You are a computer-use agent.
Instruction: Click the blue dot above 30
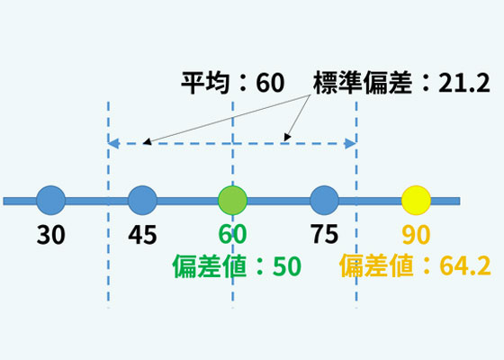coord(50,200)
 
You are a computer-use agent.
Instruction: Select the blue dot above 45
coord(142,200)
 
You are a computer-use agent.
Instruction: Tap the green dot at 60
coord(233,200)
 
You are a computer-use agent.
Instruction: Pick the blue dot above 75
coord(324,200)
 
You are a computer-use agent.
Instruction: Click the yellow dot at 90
coord(416,200)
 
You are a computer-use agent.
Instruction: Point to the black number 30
coord(50,235)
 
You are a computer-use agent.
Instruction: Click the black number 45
coord(142,235)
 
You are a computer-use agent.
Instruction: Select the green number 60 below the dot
coord(233,234)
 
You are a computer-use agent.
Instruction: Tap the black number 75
coord(324,234)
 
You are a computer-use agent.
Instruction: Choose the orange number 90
coord(416,235)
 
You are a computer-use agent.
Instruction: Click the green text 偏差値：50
coord(237,266)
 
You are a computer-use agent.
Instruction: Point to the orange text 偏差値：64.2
coord(415,265)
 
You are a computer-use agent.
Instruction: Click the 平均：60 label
coord(233,83)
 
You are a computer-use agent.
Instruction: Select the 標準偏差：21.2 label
coord(401,83)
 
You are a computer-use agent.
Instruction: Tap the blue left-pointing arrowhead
coord(113,143)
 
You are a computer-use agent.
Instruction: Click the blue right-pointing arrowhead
coord(350,143)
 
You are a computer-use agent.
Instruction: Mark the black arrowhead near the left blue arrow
coord(147,141)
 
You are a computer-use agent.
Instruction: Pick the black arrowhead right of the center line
coord(287,137)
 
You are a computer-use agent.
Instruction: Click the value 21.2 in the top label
coord(464,83)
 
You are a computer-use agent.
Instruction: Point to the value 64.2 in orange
coord(465,265)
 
